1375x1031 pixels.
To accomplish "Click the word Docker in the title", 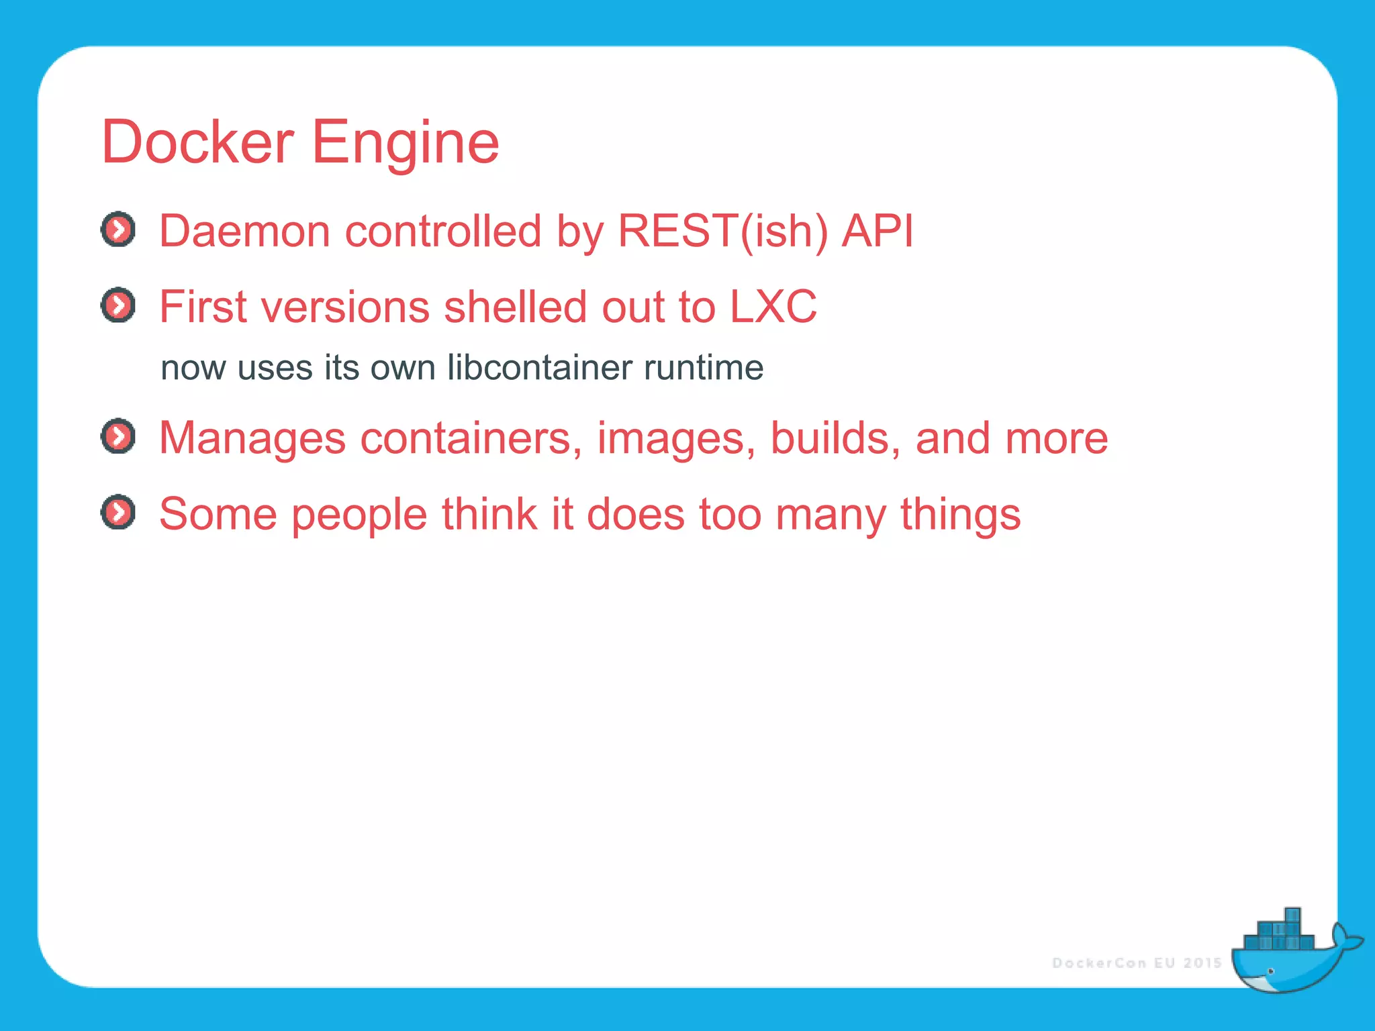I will click(197, 142).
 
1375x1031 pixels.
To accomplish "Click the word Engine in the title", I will click(406, 142).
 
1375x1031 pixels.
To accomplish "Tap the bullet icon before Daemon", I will click(118, 230).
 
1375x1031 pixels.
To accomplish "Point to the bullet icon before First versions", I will click(118, 306).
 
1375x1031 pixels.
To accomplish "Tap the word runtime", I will click(703, 368).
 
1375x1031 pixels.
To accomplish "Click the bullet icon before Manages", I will click(118, 437).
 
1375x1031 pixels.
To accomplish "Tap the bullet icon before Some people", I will click(118, 513).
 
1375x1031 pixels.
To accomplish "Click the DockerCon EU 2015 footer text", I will click(1137, 963).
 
